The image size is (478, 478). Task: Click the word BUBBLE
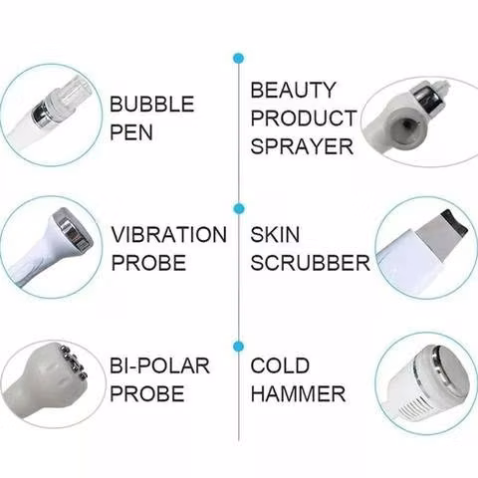point(151,104)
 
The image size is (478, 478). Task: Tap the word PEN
point(131,132)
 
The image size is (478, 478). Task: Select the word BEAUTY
point(293,90)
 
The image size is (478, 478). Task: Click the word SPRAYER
point(302,146)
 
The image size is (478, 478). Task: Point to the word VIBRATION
point(169,234)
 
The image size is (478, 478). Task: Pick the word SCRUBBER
point(310,263)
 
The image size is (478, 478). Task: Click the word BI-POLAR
point(159,365)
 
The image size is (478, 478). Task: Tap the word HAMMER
point(298,394)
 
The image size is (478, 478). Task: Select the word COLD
point(280,365)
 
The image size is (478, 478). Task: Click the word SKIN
point(275,234)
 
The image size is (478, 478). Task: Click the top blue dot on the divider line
point(239,59)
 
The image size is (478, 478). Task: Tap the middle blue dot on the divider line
point(239,208)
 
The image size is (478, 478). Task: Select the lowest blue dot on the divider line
point(239,347)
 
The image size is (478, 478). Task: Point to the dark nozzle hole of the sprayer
point(406,123)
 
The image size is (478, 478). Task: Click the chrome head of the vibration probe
point(72,229)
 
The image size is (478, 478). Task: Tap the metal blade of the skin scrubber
point(440,229)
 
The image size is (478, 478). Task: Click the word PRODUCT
point(303,119)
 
